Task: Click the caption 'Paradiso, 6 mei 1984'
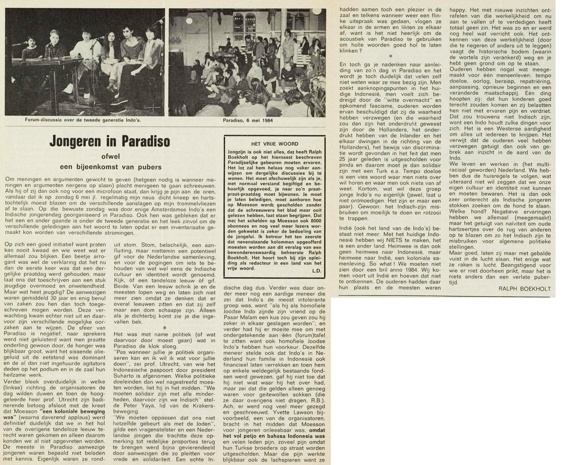pos(248,120)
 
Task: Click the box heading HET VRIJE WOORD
pos(275,144)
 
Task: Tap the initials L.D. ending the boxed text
pos(316,271)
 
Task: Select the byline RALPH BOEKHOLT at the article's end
pos(525,289)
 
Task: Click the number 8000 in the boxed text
pos(315,221)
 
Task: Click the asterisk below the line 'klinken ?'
pos(390,56)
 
